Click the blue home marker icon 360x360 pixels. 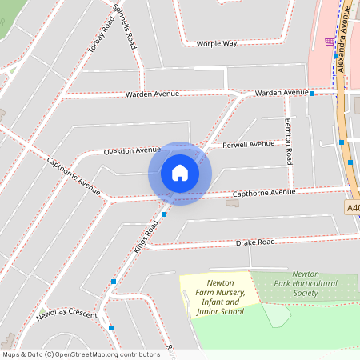point(180,173)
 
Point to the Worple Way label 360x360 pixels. point(218,42)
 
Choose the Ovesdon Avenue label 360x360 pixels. point(132,150)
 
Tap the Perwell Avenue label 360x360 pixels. point(248,145)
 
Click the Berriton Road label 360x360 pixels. point(289,132)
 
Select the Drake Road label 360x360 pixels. point(255,242)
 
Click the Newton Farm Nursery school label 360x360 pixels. point(219,297)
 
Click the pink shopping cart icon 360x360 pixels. point(330,42)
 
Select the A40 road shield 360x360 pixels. point(353,207)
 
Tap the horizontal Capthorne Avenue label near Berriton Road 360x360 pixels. point(263,193)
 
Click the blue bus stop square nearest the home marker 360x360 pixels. point(164,214)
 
